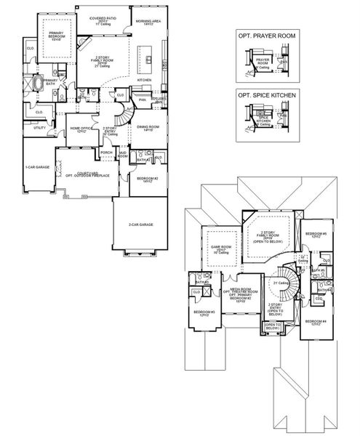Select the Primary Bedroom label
[57, 35]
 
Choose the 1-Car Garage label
[37, 166]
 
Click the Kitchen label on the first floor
[145, 80]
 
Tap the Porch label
[106, 152]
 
